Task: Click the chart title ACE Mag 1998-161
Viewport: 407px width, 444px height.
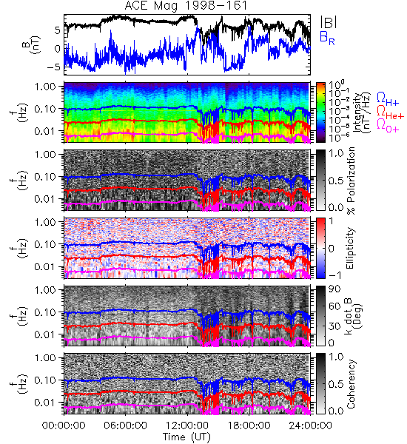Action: pyautogui.click(x=186, y=6)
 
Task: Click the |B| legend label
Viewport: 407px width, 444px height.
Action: pyautogui.click(x=329, y=22)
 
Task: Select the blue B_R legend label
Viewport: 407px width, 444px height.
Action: pyautogui.click(x=327, y=38)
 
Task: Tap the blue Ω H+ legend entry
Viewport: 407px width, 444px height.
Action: pyautogui.click(x=388, y=99)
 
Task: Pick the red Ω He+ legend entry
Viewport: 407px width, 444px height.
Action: pyautogui.click(x=390, y=112)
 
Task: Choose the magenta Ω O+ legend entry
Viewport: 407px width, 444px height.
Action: pyautogui.click(x=388, y=125)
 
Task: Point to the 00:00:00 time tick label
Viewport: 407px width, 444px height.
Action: pyautogui.click(x=64, y=425)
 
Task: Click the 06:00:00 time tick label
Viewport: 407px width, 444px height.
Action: pyautogui.click(x=126, y=425)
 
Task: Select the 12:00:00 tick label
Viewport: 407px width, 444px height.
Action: pyautogui.click(x=187, y=425)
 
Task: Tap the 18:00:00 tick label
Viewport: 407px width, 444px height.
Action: pyautogui.click(x=249, y=425)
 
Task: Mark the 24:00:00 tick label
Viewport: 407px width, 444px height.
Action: pyautogui.click(x=310, y=425)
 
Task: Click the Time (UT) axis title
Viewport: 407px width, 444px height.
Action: pyautogui.click(x=186, y=437)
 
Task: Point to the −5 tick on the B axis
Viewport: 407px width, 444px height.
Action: pyautogui.click(x=54, y=67)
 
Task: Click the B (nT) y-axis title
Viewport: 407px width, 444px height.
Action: pyautogui.click(x=32, y=45)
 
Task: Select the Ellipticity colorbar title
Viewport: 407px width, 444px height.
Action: pyautogui.click(x=351, y=249)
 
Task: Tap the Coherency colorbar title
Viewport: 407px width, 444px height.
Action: pyautogui.click(x=351, y=384)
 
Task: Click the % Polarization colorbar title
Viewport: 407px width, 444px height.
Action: pyautogui.click(x=351, y=181)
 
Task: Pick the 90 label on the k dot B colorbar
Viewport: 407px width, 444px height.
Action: pyautogui.click(x=334, y=289)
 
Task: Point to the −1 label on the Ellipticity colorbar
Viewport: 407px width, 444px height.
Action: pyautogui.click(x=335, y=275)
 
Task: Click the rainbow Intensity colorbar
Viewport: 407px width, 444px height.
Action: pyautogui.click(x=320, y=112)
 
